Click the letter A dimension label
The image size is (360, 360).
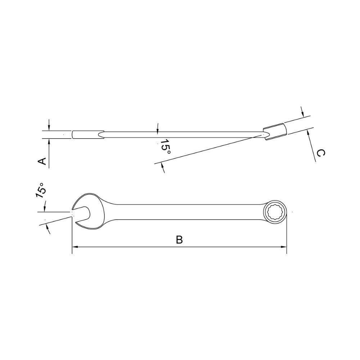tap(42, 161)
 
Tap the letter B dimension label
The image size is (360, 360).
tap(179, 240)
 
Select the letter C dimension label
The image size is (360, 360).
tap(320, 153)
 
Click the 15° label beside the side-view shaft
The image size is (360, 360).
tap(165, 147)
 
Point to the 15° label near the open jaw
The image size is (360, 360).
tap(41, 190)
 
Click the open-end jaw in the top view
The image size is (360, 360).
tap(82, 213)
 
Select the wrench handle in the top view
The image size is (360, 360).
tap(184, 212)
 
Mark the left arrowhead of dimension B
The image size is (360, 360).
tap(75, 247)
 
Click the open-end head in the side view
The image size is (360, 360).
tap(88, 135)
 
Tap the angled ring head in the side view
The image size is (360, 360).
tap(275, 131)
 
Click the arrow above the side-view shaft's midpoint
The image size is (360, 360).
tap(157, 128)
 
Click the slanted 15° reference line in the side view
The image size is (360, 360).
tap(209, 148)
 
